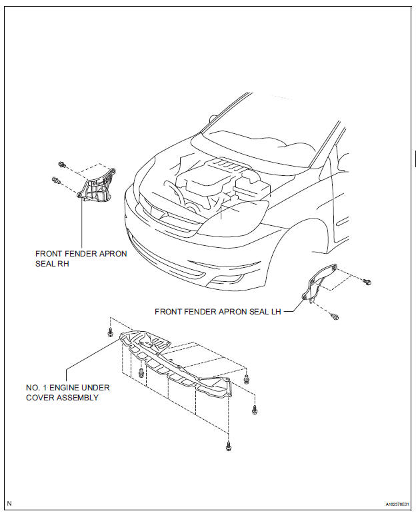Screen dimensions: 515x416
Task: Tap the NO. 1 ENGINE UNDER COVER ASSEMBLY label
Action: pyautogui.click(x=67, y=392)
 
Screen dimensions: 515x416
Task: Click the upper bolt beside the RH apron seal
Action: pyautogui.click(x=62, y=165)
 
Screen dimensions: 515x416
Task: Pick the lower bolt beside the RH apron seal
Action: pyautogui.click(x=55, y=179)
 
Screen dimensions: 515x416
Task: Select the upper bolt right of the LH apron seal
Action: pyautogui.click(x=366, y=282)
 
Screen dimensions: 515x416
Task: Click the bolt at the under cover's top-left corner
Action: pyautogui.click(x=110, y=332)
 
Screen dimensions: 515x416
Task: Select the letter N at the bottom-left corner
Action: pyautogui.click(x=9, y=503)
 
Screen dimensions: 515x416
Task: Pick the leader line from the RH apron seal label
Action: pyautogui.click(x=81, y=223)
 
